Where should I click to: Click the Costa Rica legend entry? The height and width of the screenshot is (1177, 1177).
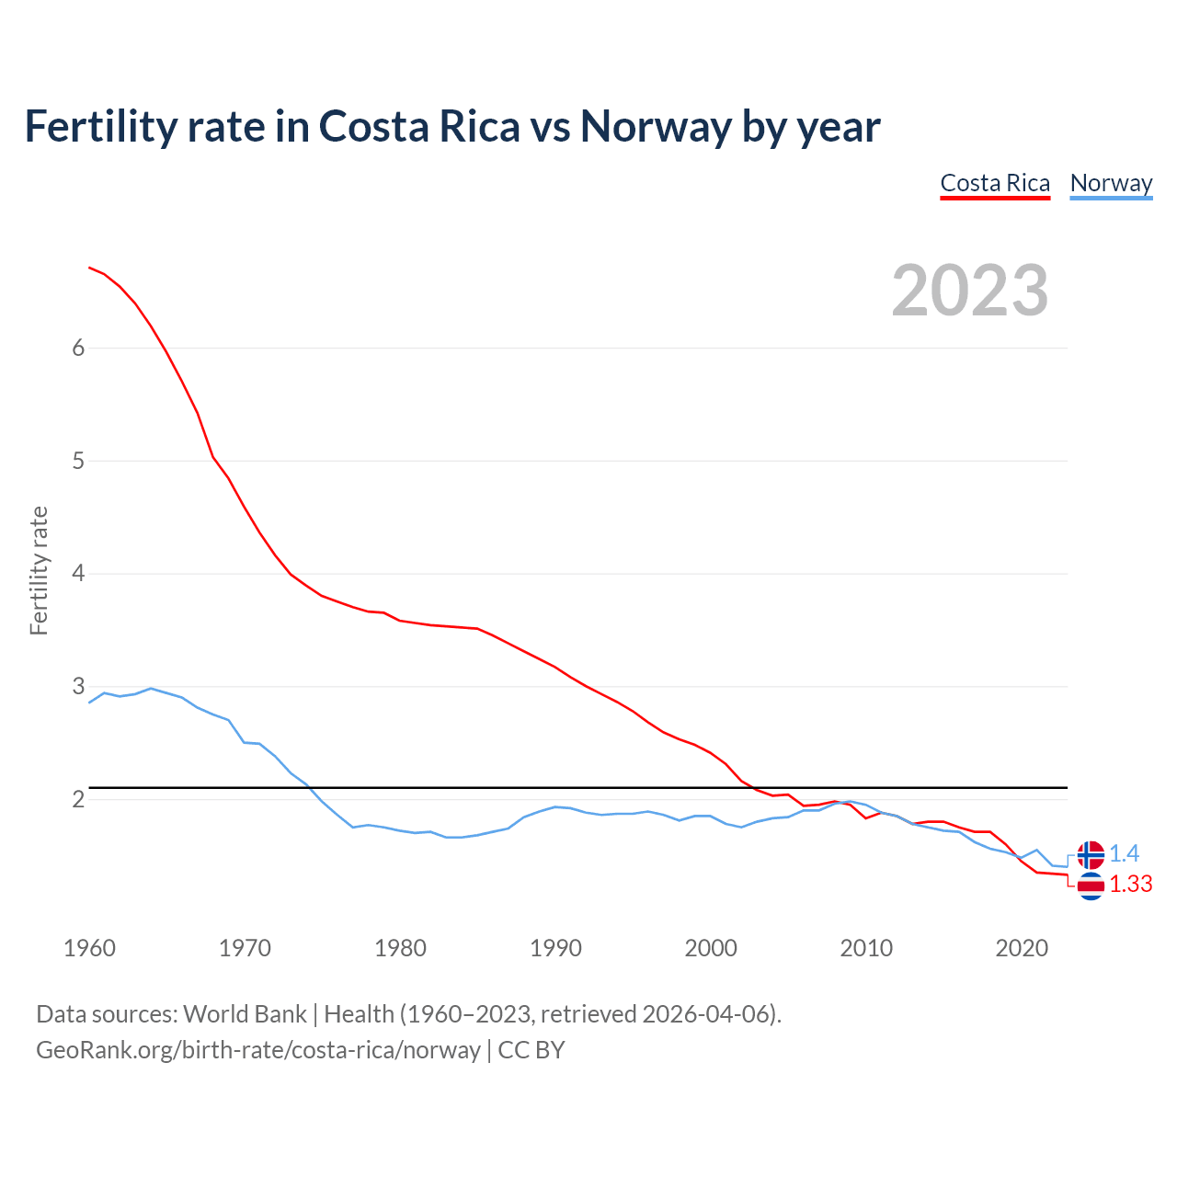pos(995,183)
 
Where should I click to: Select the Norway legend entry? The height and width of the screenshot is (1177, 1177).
pos(1111,183)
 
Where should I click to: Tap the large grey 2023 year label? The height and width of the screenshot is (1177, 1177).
pos(970,291)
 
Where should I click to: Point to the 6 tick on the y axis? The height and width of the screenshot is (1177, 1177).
pos(78,348)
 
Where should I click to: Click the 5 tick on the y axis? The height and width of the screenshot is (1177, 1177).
pos(78,461)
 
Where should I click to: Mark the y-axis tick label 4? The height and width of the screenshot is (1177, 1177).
pos(78,574)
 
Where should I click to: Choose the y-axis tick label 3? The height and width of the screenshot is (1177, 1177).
pos(78,687)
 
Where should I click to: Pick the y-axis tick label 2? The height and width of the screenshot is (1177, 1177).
pos(78,799)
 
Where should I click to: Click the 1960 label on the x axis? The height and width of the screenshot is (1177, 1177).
pos(89,948)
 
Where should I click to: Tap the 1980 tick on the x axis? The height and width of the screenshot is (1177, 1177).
pos(400,948)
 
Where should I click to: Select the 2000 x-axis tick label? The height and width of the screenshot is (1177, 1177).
pos(711,948)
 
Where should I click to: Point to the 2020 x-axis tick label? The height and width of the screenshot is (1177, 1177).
pos(1022,948)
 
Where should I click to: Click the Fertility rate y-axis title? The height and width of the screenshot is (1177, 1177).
pos(39,571)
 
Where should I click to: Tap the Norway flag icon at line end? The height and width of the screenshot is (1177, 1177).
pos(1091,854)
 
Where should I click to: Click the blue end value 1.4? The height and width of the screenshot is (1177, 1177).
pos(1125,854)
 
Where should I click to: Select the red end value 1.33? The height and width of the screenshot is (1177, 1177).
pos(1131,885)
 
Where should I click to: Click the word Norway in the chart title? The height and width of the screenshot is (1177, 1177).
pos(656,126)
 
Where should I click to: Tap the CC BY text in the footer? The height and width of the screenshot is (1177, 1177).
pos(531,1050)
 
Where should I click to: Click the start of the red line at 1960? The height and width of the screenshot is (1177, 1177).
pos(90,268)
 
